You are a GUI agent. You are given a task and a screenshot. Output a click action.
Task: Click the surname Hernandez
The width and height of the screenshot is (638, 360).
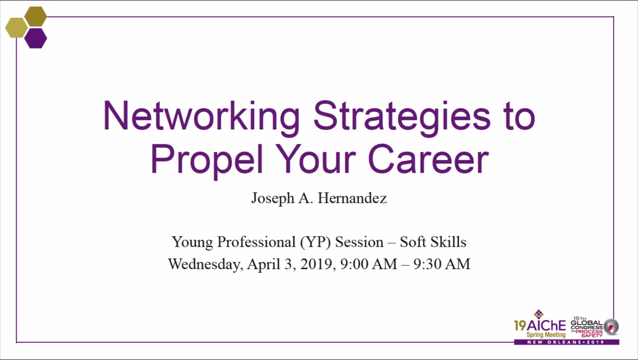click(352, 198)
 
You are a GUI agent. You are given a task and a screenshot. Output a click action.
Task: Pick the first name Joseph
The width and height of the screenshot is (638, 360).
click(273, 199)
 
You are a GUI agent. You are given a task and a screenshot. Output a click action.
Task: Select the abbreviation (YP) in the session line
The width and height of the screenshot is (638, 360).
click(315, 242)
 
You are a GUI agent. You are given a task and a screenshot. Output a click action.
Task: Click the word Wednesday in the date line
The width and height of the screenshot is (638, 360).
click(206, 264)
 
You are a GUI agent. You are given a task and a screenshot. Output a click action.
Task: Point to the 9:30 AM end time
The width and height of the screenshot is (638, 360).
click(442, 264)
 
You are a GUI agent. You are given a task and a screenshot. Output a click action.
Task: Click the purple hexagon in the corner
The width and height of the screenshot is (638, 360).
click(35, 38)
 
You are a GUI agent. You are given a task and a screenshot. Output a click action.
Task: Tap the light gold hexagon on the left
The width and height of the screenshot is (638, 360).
click(16, 27)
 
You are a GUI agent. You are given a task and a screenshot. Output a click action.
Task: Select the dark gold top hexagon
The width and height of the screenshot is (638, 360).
click(35, 16)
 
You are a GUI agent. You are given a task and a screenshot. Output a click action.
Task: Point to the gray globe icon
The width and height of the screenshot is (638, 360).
click(611, 327)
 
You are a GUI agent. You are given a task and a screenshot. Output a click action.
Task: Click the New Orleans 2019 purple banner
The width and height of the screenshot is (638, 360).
click(567, 342)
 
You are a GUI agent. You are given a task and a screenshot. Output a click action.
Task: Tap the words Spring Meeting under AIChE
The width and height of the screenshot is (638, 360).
click(546, 335)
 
